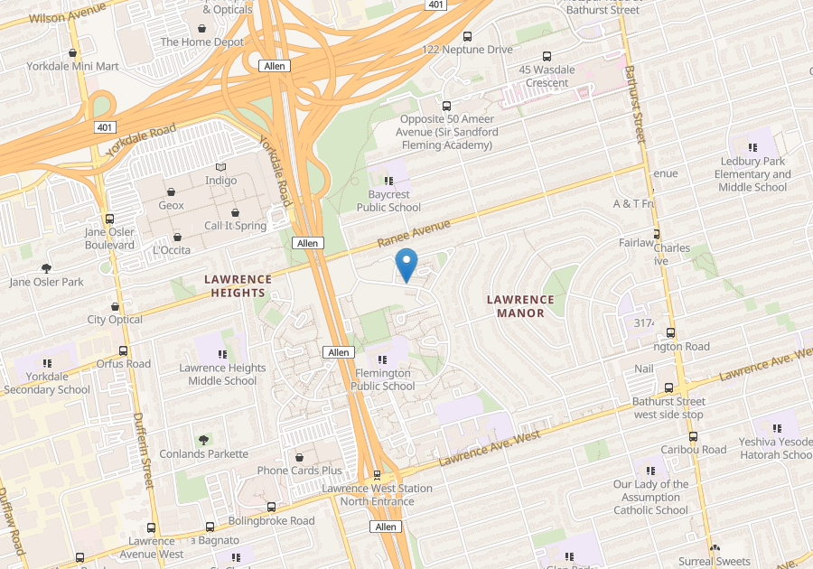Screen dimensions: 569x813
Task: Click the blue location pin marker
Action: (x=406, y=264)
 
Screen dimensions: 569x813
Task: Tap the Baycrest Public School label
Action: (x=388, y=201)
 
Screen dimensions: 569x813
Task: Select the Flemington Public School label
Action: (x=384, y=379)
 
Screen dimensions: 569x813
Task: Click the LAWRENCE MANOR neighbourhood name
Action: (x=520, y=306)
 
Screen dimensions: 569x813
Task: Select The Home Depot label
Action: (x=201, y=42)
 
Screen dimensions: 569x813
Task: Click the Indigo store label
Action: (x=221, y=181)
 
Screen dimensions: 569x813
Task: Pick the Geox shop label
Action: (x=171, y=205)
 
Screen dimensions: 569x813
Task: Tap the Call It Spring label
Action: (x=235, y=226)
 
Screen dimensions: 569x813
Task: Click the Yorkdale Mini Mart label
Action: (x=60, y=66)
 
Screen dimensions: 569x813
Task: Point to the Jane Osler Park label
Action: (x=46, y=282)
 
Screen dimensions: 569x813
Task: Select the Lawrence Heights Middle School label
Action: (x=222, y=374)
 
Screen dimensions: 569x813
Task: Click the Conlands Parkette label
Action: (x=203, y=453)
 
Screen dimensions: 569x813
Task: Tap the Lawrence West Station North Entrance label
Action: (x=377, y=494)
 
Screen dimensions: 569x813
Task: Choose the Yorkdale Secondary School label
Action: (x=47, y=383)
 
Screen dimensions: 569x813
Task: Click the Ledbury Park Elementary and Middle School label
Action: (x=752, y=174)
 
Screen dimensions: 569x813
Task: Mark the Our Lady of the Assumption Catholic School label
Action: (x=650, y=497)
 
